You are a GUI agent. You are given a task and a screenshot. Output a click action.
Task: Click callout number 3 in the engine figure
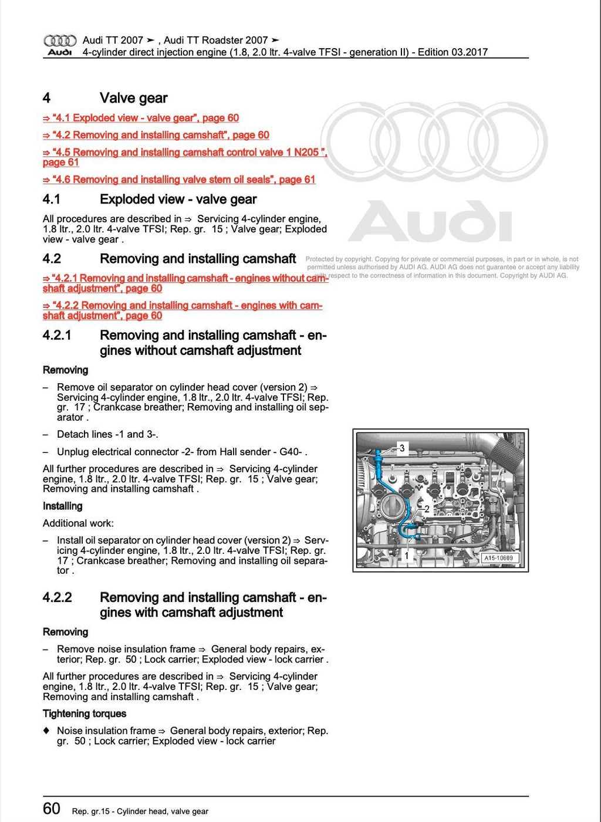tap(402, 448)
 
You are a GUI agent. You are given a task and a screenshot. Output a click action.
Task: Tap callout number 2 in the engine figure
tap(427, 509)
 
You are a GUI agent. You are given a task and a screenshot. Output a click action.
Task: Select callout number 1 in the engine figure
tap(406, 554)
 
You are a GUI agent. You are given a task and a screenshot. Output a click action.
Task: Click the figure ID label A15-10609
tap(498, 558)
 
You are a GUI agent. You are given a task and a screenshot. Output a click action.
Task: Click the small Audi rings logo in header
tap(60, 40)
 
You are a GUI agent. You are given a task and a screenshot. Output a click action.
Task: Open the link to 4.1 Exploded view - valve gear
tap(141, 118)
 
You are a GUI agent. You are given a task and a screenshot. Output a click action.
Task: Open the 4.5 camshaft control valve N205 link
tap(184, 153)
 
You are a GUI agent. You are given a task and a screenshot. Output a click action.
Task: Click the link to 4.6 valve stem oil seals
tap(179, 180)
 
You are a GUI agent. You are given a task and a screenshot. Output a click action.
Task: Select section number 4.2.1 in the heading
tap(57, 336)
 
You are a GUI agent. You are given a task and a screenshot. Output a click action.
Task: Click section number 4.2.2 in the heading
tap(57, 597)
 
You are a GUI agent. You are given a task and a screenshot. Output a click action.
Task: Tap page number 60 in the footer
tap(52, 809)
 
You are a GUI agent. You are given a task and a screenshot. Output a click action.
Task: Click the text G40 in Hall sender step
tap(291, 452)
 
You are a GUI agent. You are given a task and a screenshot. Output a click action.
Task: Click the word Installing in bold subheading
tap(63, 506)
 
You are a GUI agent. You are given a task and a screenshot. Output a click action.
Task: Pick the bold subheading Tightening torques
tap(85, 713)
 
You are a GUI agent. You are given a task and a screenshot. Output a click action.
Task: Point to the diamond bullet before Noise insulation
tap(46, 731)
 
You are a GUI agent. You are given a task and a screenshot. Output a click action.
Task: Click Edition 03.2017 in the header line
tap(453, 52)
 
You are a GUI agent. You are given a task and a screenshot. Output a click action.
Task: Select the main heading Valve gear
tap(134, 98)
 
